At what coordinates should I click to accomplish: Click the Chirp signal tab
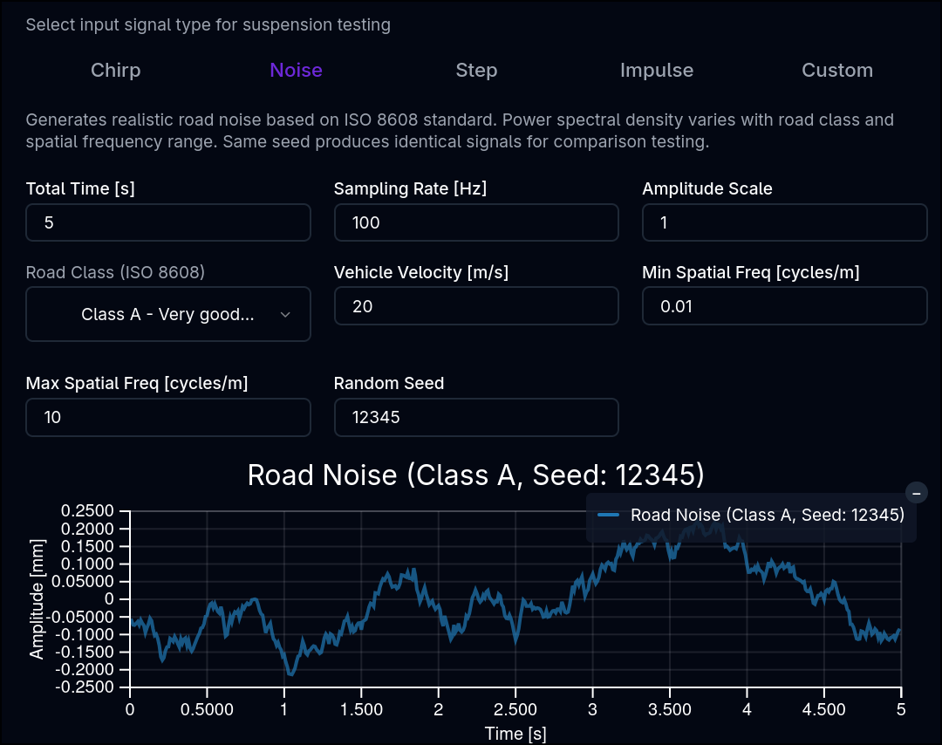pos(116,71)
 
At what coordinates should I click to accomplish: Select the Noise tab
pos(297,71)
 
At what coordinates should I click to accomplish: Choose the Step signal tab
pos(476,71)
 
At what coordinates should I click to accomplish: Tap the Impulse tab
pos(657,71)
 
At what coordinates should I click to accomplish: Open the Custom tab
pos(836,71)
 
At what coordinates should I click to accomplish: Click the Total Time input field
pos(168,222)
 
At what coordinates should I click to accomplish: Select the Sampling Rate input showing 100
pos(476,222)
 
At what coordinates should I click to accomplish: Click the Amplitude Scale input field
pos(785,222)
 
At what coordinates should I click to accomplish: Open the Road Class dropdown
pos(168,314)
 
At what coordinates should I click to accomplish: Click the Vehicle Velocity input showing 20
pos(476,306)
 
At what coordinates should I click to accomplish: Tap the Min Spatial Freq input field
pos(785,306)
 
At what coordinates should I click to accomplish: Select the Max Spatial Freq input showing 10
pos(168,417)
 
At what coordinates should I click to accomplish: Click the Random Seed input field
pos(476,417)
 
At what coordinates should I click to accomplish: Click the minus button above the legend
pos(916,493)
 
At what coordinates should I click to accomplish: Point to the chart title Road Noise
pos(476,475)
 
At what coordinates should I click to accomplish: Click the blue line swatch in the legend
pos(609,515)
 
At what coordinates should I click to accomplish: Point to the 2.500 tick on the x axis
pos(515,709)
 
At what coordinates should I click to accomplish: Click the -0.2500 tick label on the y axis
pos(84,687)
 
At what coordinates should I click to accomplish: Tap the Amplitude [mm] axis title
pos(37,599)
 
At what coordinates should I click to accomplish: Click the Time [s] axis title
pos(515,734)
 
